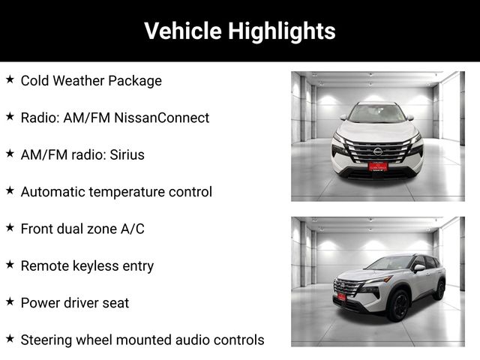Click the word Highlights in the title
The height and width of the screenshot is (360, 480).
pyautogui.click(x=282, y=31)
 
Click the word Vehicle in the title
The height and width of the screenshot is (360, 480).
pyautogui.click(x=183, y=31)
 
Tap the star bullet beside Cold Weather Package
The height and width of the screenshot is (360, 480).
pyautogui.click(x=10, y=79)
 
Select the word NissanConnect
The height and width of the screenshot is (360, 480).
pyautogui.click(x=162, y=118)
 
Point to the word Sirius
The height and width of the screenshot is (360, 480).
pyautogui.click(x=127, y=154)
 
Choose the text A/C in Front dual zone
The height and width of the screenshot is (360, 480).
pyautogui.click(x=132, y=229)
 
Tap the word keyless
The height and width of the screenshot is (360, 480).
pyautogui.click(x=95, y=266)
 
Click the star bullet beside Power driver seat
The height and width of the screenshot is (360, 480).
pyautogui.click(x=10, y=301)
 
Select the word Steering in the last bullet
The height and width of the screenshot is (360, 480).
pyautogui.click(x=46, y=340)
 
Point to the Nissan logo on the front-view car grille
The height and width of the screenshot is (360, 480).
pyautogui.click(x=378, y=151)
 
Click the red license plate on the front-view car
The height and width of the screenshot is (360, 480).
pyautogui.click(x=378, y=166)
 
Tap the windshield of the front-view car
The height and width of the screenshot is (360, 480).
pyautogui.click(x=377, y=113)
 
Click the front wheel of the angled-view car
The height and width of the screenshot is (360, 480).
pyautogui.click(x=398, y=305)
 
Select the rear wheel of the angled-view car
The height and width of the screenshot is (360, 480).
pyautogui.click(x=439, y=289)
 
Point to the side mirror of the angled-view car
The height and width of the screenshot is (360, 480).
pyautogui.click(x=419, y=268)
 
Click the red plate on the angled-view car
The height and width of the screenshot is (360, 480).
pyautogui.click(x=341, y=296)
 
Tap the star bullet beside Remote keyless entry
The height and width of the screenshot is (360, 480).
pyautogui.click(x=10, y=265)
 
